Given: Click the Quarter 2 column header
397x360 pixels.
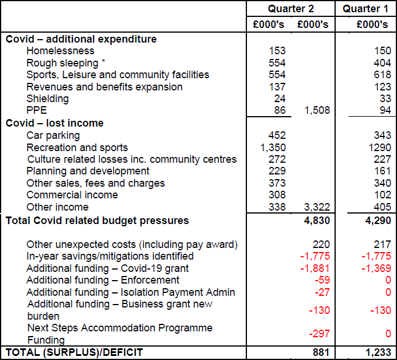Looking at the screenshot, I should point(291,9).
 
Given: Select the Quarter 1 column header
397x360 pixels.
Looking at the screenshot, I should point(365,9).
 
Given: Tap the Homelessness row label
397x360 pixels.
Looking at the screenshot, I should point(60,51).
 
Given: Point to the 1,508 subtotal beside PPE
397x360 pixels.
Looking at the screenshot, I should point(316,111).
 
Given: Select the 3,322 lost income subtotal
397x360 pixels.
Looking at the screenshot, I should point(316,207).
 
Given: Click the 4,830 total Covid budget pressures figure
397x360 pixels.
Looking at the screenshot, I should point(316,221).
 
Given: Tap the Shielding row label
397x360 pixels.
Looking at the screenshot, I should point(47,99).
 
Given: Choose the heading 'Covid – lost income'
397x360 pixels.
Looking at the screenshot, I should point(54,123).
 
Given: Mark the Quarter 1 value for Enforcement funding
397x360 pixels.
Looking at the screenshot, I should point(388,280).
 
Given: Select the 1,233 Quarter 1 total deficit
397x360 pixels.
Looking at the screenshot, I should point(377,352).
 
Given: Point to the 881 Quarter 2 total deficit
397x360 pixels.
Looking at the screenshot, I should point(321,352).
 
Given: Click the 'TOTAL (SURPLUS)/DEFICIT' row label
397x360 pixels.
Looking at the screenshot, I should point(74,352).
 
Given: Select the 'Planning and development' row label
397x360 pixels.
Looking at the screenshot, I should point(88,171).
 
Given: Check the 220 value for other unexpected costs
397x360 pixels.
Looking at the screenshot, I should point(321,244).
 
